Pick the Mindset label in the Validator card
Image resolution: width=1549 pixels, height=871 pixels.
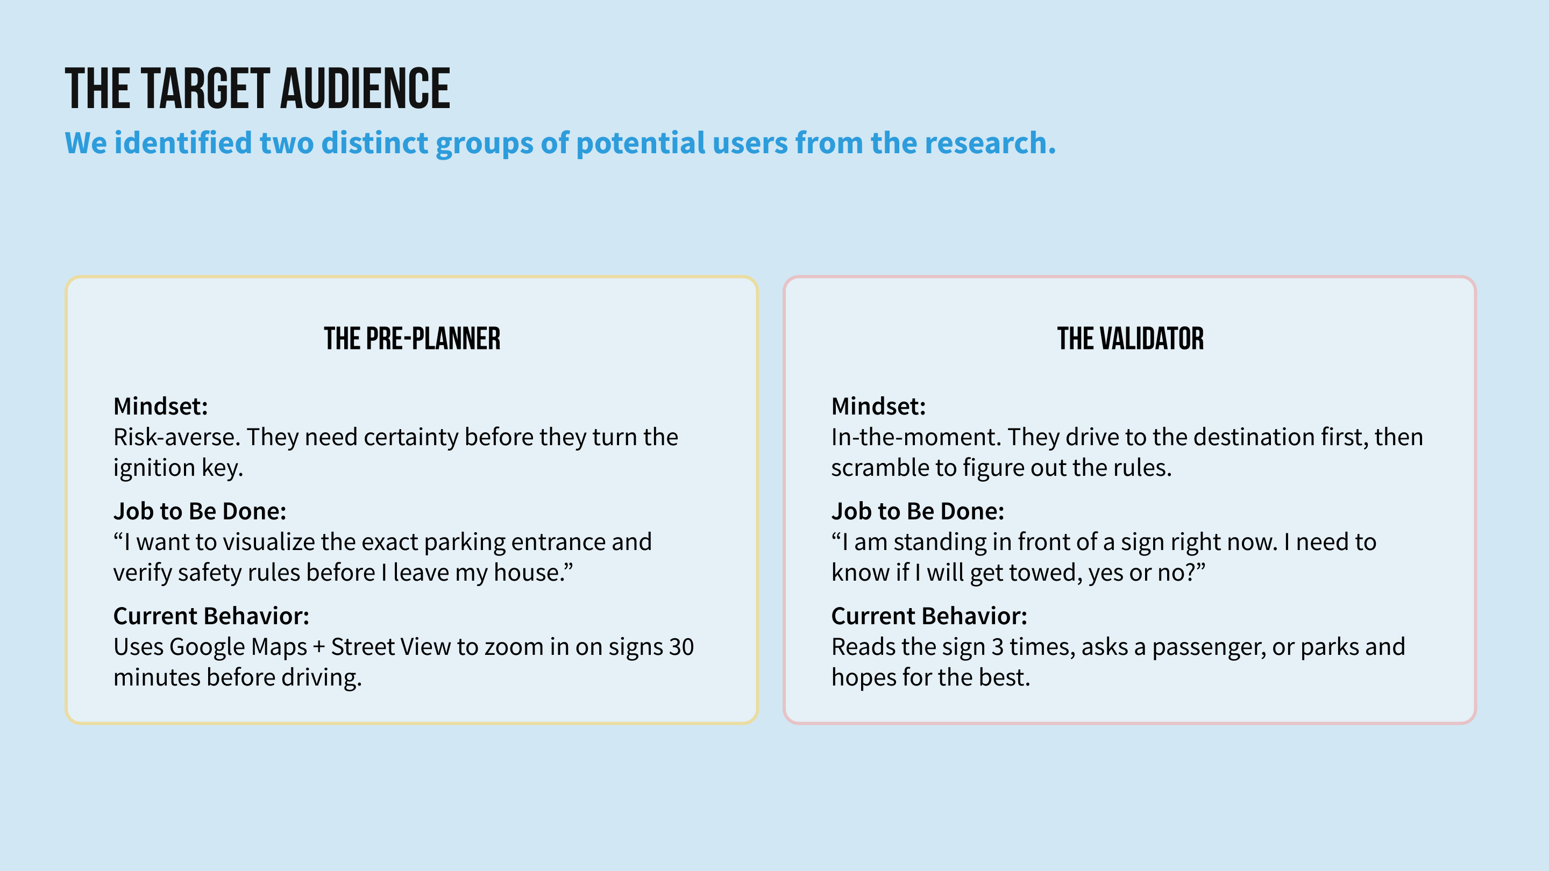pos(878,406)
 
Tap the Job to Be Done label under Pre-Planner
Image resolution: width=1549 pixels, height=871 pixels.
pos(200,511)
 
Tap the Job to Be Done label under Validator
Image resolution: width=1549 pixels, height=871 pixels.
pos(918,511)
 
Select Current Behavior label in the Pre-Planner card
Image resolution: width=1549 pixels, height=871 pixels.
pos(211,616)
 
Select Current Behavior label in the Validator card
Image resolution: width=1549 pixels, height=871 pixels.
pos(929,616)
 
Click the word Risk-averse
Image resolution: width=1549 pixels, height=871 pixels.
pos(177,437)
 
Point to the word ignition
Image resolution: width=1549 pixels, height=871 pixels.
pos(154,468)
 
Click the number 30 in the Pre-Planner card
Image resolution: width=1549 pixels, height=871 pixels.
pos(681,647)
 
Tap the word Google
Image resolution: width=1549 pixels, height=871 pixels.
pos(206,647)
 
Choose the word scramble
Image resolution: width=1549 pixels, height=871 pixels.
pos(880,468)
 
